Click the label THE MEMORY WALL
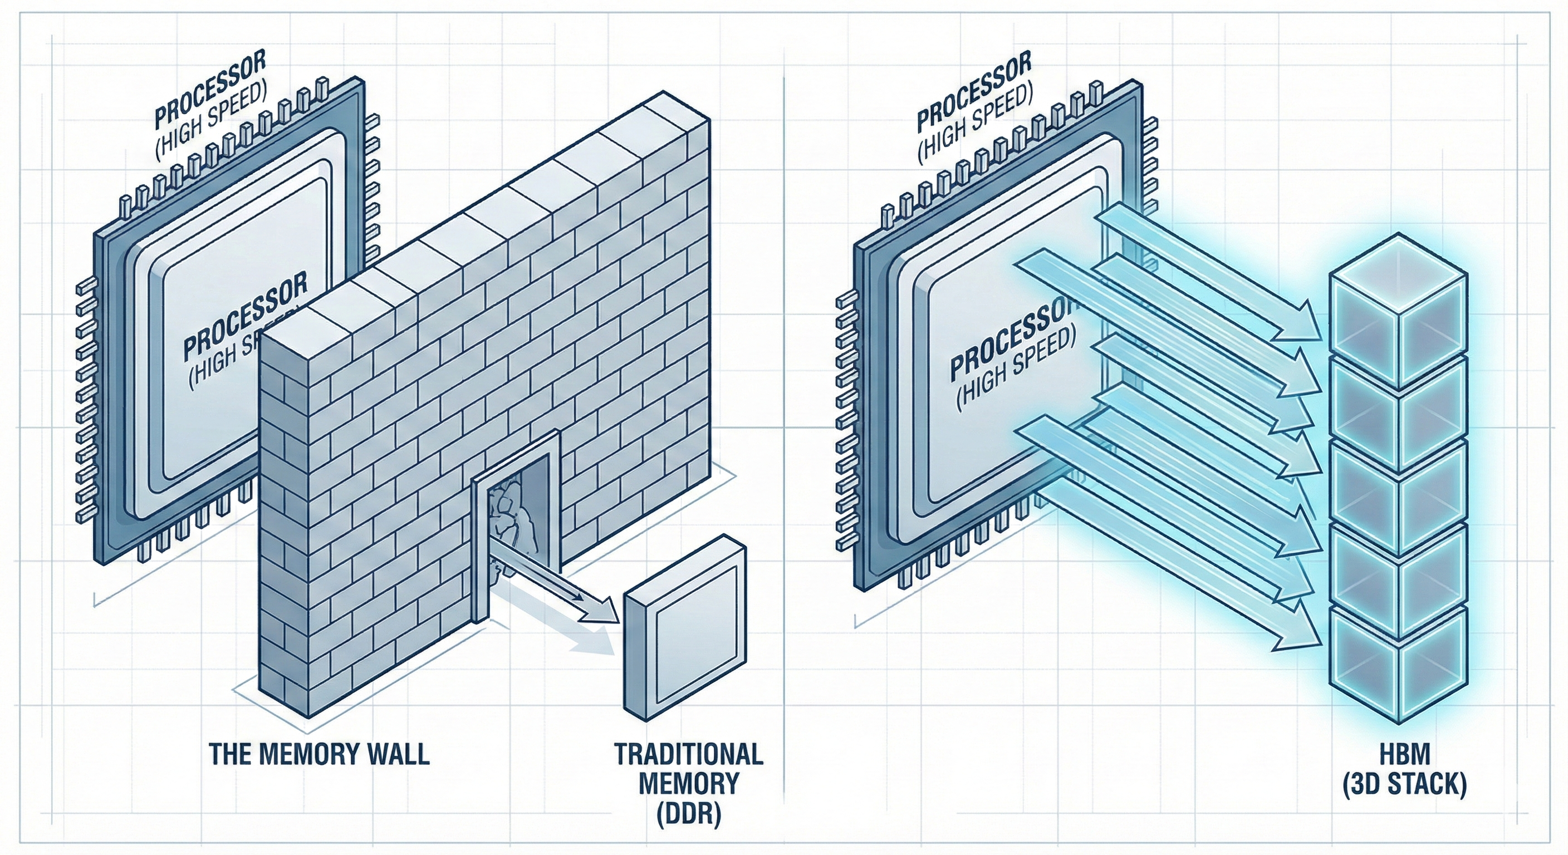(x=319, y=753)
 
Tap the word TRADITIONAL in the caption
(x=688, y=754)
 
